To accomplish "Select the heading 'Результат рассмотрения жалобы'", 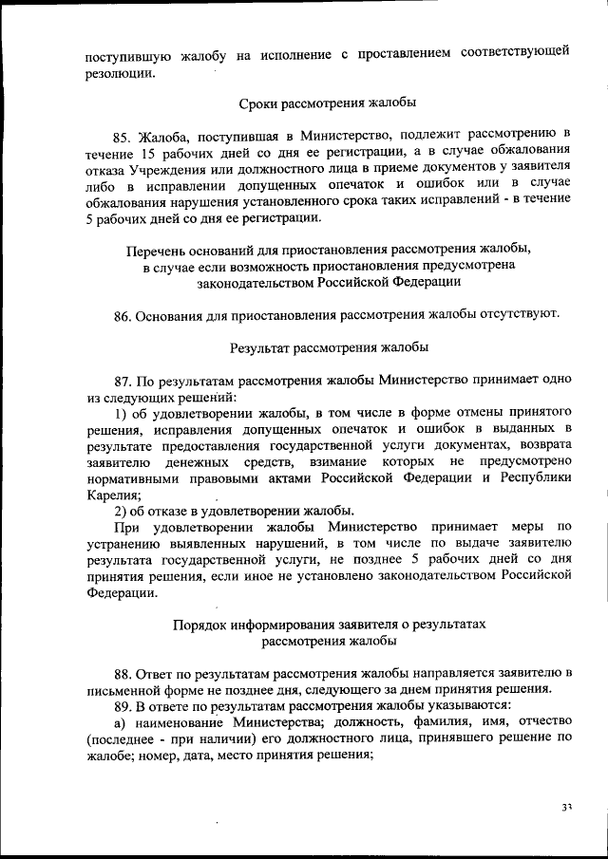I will click(x=327, y=347).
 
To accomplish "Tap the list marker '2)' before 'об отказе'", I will click(x=121, y=512).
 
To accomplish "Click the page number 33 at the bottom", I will click(x=566, y=808).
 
